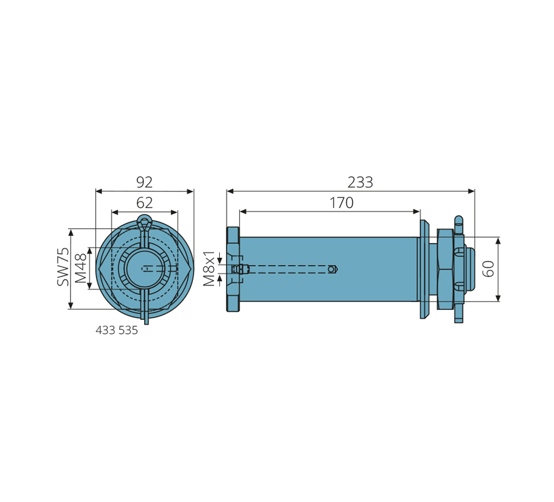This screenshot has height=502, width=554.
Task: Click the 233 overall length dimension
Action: (360, 183)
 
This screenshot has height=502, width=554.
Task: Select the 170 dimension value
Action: (341, 203)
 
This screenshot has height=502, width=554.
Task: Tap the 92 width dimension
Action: (144, 182)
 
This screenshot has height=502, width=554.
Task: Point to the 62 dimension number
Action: (144, 203)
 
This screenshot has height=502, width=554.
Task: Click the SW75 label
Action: (63, 267)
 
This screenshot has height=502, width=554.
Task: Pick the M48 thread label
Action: (80, 268)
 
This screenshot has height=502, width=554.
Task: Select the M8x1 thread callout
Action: (209, 269)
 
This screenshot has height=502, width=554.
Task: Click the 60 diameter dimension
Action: (489, 269)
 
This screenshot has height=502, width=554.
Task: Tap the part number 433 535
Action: (117, 330)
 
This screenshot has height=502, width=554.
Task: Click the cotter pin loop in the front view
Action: (144, 222)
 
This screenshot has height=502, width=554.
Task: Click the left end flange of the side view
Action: (233, 269)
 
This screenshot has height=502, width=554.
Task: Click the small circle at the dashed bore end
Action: (332, 269)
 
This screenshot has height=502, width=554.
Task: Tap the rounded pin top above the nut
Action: (458, 220)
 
